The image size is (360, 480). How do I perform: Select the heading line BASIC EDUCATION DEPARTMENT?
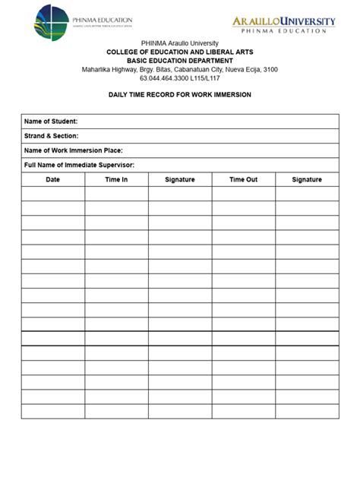tap(179, 59)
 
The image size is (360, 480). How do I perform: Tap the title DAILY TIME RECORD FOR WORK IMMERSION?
tap(179, 94)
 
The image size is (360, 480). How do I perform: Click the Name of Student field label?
tap(51, 122)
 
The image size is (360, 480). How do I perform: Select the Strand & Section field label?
tap(52, 136)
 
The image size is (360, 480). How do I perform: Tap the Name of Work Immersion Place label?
tap(73, 150)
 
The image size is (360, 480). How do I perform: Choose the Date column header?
tap(52, 179)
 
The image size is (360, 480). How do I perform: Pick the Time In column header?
tap(116, 179)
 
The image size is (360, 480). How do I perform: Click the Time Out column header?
tap(243, 179)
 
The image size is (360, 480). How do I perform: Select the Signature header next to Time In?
tap(180, 179)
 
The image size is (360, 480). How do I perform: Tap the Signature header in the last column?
tap(307, 179)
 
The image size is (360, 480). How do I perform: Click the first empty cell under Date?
tap(52, 194)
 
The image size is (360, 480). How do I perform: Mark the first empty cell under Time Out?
tap(243, 194)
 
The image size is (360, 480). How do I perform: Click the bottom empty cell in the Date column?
tap(52, 411)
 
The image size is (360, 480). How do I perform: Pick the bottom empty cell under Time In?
tap(116, 411)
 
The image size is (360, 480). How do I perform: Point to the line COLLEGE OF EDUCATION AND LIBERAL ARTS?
tap(179, 50)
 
